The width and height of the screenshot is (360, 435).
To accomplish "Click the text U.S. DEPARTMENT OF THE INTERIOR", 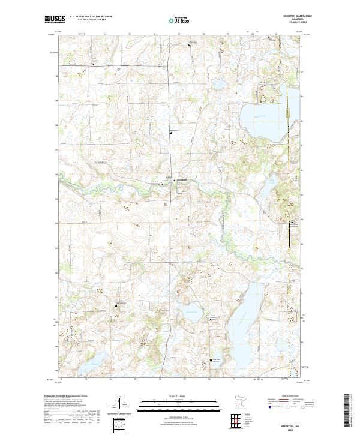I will (x=90, y=17).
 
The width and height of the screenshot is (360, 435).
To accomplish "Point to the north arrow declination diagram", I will (x=120, y=403).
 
